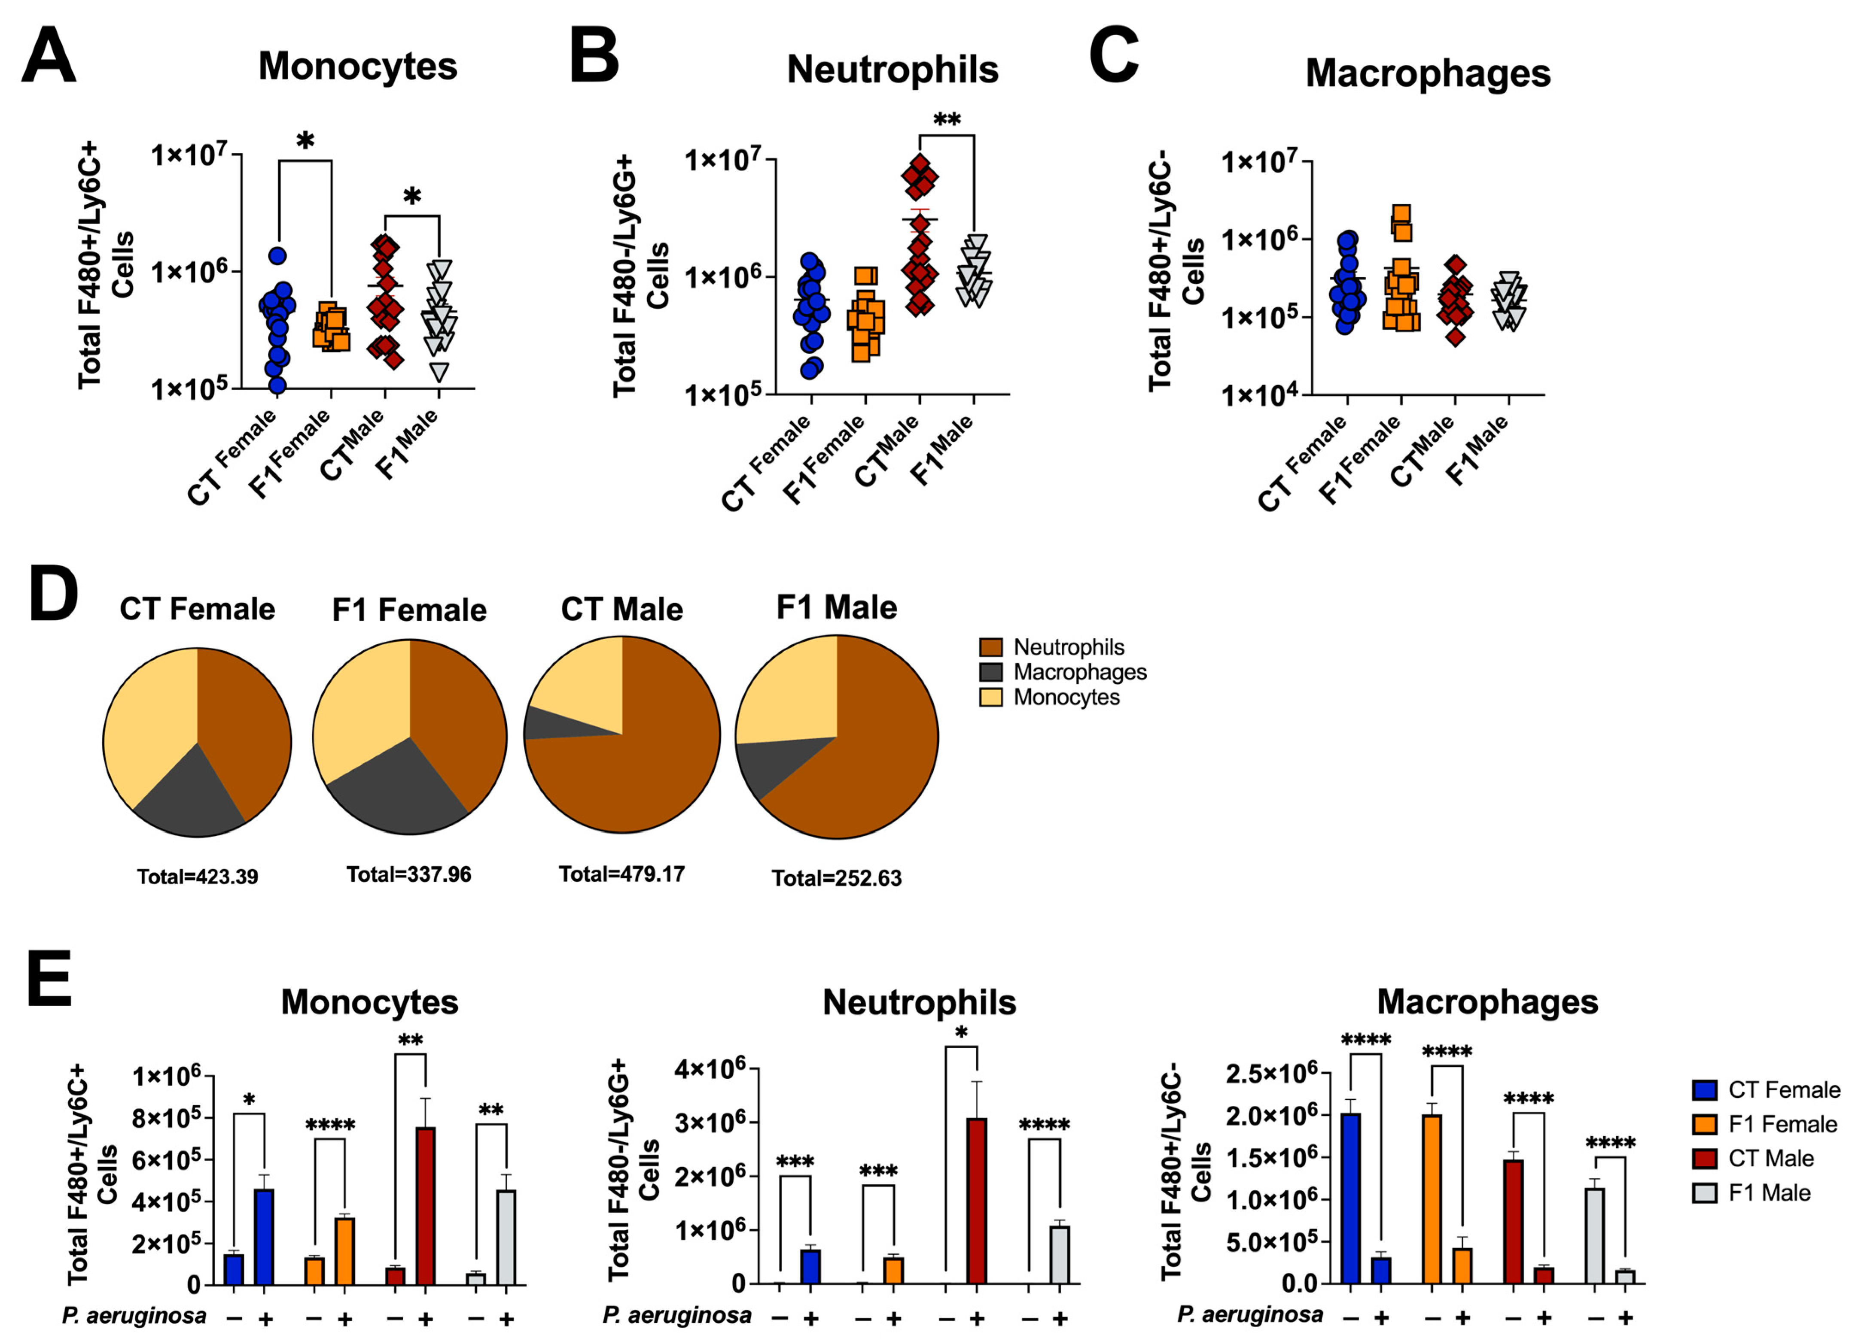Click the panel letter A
tap(49, 56)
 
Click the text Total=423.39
tap(198, 877)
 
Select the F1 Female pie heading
tap(410, 610)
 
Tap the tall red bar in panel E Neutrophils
tap(977, 1200)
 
